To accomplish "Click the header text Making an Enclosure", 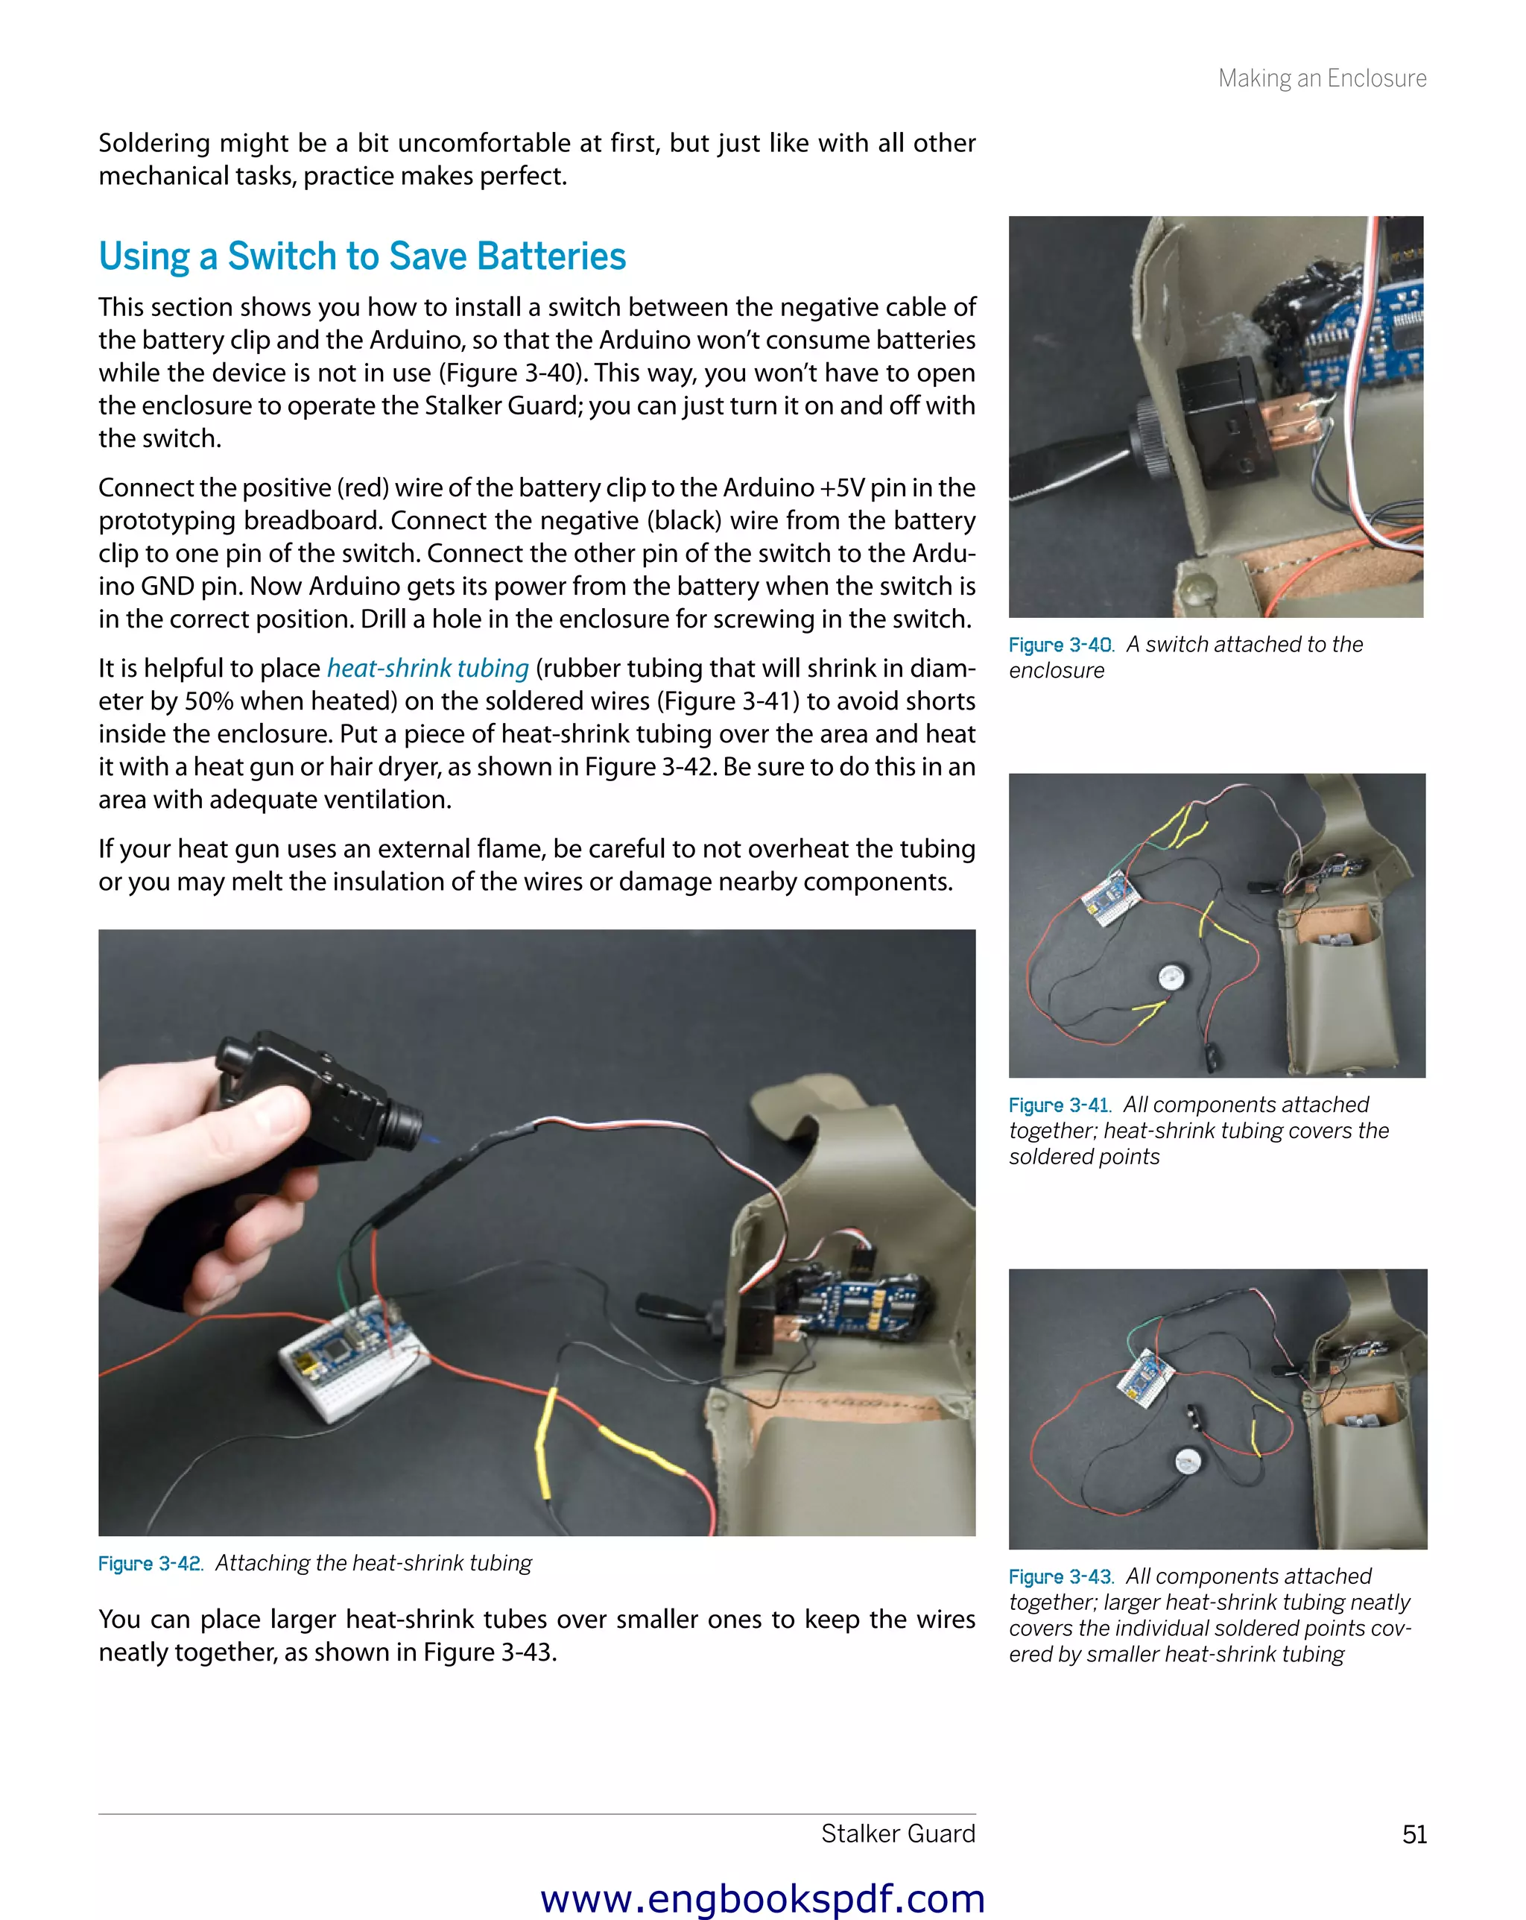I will click(1321, 78).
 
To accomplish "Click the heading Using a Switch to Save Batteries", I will click(362, 256).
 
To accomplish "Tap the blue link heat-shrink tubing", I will click(428, 668).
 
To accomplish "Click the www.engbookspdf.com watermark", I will click(762, 1898).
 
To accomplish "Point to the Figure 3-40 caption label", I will click(1060, 645).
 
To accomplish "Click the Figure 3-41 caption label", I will click(1060, 1105).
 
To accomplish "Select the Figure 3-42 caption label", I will click(151, 1564).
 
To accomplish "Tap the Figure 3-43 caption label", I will click(1060, 1576).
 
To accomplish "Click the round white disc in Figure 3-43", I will click(1187, 1460).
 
